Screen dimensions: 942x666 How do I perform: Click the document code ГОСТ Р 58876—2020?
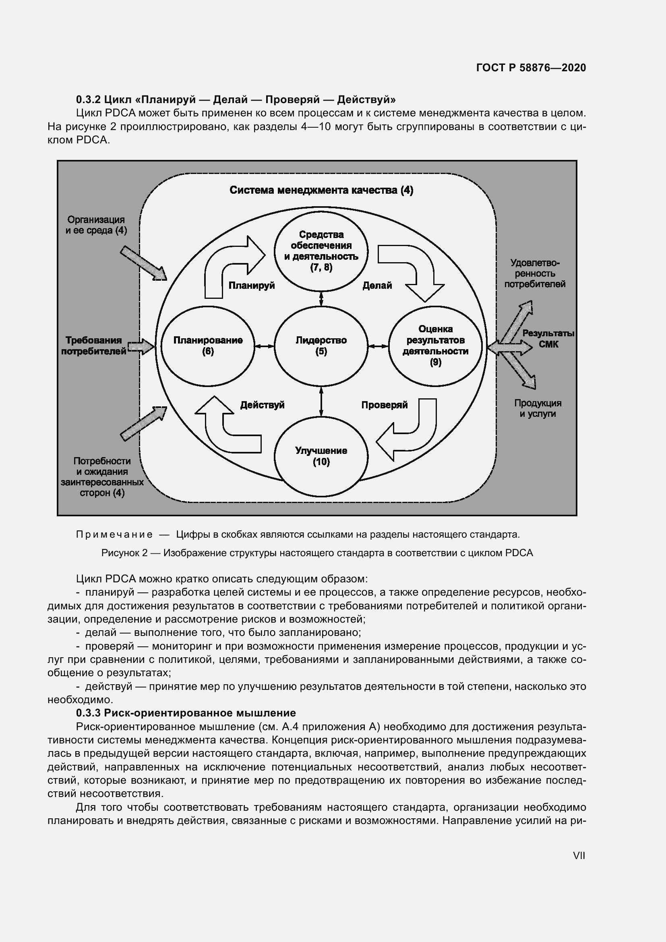coord(531,68)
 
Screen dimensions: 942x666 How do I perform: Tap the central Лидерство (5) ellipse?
coord(321,346)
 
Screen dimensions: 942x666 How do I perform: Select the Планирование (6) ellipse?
coord(207,346)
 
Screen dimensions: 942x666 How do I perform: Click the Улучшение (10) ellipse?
coord(321,456)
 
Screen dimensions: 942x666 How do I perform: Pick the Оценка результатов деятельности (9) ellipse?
coord(435,346)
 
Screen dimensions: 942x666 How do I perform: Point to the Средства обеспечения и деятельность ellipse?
coord(321,250)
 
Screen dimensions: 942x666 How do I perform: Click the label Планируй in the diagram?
coord(251,286)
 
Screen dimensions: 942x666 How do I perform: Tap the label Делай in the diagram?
coord(377,286)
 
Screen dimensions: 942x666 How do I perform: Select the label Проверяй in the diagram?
coord(384,405)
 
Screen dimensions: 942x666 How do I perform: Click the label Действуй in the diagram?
coord(262,405)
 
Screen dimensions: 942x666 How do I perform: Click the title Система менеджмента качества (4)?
coord(321,190)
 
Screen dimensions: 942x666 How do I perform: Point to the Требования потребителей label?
coord(94,346)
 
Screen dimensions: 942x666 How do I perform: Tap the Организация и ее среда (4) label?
coord(96,225)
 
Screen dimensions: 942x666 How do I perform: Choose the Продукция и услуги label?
coord(538,408)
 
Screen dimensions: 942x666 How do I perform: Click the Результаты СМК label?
coord(548,339)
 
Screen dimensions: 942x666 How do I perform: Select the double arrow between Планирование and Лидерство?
coord(264,346)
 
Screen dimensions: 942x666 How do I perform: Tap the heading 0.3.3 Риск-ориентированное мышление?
coord(186,713)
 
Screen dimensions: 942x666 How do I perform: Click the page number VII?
coord(579,855)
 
